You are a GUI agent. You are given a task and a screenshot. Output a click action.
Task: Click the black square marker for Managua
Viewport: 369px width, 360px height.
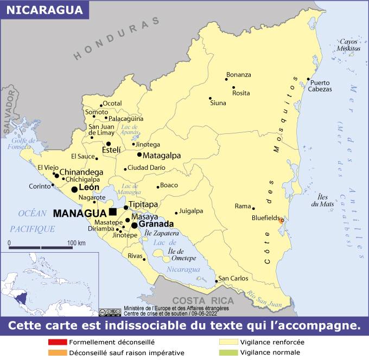click(112, 211)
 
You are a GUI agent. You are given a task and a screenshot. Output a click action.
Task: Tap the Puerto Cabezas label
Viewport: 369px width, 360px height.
click(320, 86)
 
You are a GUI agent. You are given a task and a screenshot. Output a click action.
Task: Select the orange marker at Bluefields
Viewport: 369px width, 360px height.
click(281, 221)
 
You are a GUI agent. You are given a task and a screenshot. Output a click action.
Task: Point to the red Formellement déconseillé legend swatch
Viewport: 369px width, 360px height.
click(57, 342)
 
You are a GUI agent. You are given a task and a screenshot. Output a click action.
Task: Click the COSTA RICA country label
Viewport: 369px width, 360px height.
click(203, 300)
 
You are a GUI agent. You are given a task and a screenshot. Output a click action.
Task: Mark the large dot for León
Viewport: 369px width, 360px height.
click(74, 189)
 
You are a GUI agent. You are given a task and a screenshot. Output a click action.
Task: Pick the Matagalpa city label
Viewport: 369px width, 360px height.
click(162, 155)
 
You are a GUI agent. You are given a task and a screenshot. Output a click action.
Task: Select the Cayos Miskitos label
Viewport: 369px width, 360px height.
click(349, 45)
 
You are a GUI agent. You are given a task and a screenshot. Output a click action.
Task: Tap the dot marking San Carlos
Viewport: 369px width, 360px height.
click(216, 281)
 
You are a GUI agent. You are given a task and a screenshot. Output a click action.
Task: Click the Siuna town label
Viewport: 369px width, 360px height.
click(218, 102)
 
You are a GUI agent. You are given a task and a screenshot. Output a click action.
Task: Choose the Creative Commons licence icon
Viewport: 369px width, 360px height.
click(110, 311)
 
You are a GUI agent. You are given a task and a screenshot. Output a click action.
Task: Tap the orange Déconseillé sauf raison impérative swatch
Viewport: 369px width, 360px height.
click(57, 352)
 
